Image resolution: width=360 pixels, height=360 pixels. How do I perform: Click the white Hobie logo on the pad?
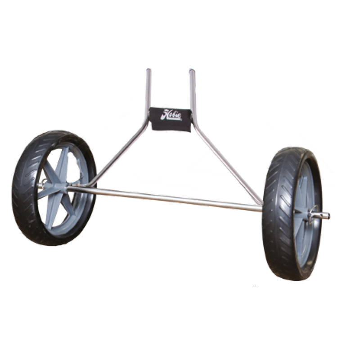point(171,115)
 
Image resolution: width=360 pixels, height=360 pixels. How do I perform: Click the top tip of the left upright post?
point(148,70)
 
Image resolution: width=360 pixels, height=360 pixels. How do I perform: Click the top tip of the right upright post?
point(192,70)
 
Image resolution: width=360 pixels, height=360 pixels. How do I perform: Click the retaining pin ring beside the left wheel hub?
point(42,184)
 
